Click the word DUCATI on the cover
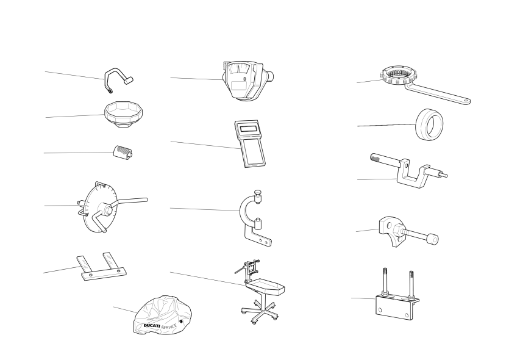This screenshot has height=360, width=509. (152, 326)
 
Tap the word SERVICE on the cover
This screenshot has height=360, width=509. (169, 326)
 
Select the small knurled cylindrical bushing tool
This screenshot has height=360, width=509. (123, 152)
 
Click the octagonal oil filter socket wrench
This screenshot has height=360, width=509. (123, 113)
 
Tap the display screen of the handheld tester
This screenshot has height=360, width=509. (249, 128)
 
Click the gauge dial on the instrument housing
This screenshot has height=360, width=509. (238, 68)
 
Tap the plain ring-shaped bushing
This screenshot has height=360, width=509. (430, 124)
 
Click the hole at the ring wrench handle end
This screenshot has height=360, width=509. (466, 101)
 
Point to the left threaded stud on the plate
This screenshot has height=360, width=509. (385, 281)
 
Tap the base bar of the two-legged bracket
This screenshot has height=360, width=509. (104, 274)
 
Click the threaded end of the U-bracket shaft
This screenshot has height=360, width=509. (376, 158)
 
